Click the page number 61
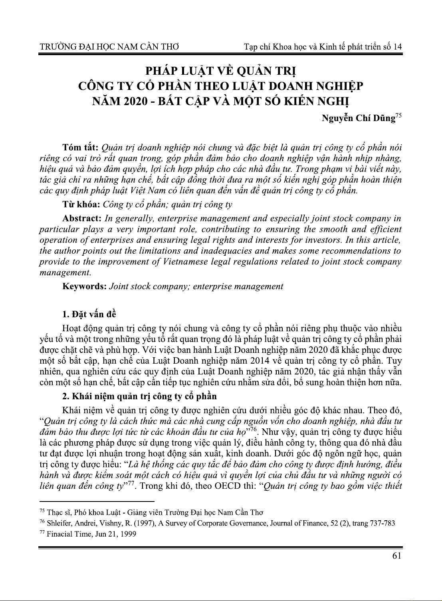pos(396,557)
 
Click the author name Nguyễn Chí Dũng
pos(358,119)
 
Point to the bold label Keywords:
pos(85,286)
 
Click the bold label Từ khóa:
pos(81,205)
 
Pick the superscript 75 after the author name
pos(398,116)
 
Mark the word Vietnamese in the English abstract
pos(185,262)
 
